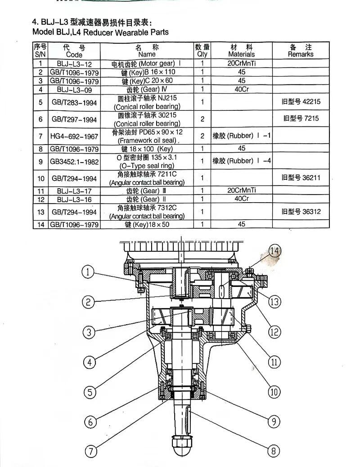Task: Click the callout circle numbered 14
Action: pyautogui.click(x=274, y=251)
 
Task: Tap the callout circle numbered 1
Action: pyautogui.click(x=89, y=272)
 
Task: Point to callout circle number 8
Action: pyautogui.click(x=273, y=450)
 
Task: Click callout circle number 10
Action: pyautogui.click(x=274, y=391)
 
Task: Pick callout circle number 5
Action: pyautogui.click(x=90, y=391)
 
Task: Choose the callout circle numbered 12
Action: pyautogui.click(x=274, y=331)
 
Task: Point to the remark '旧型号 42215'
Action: pyautogui.click(x=301, y=102)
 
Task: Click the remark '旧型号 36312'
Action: pyautogui.click(x=301, y=211)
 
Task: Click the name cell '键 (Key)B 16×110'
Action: pyautogui.click(x=148, y=72)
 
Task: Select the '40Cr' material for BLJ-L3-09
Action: pyautogui.click(x=242, y=89)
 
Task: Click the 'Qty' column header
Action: pyautogui.click(x=202, y=50)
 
